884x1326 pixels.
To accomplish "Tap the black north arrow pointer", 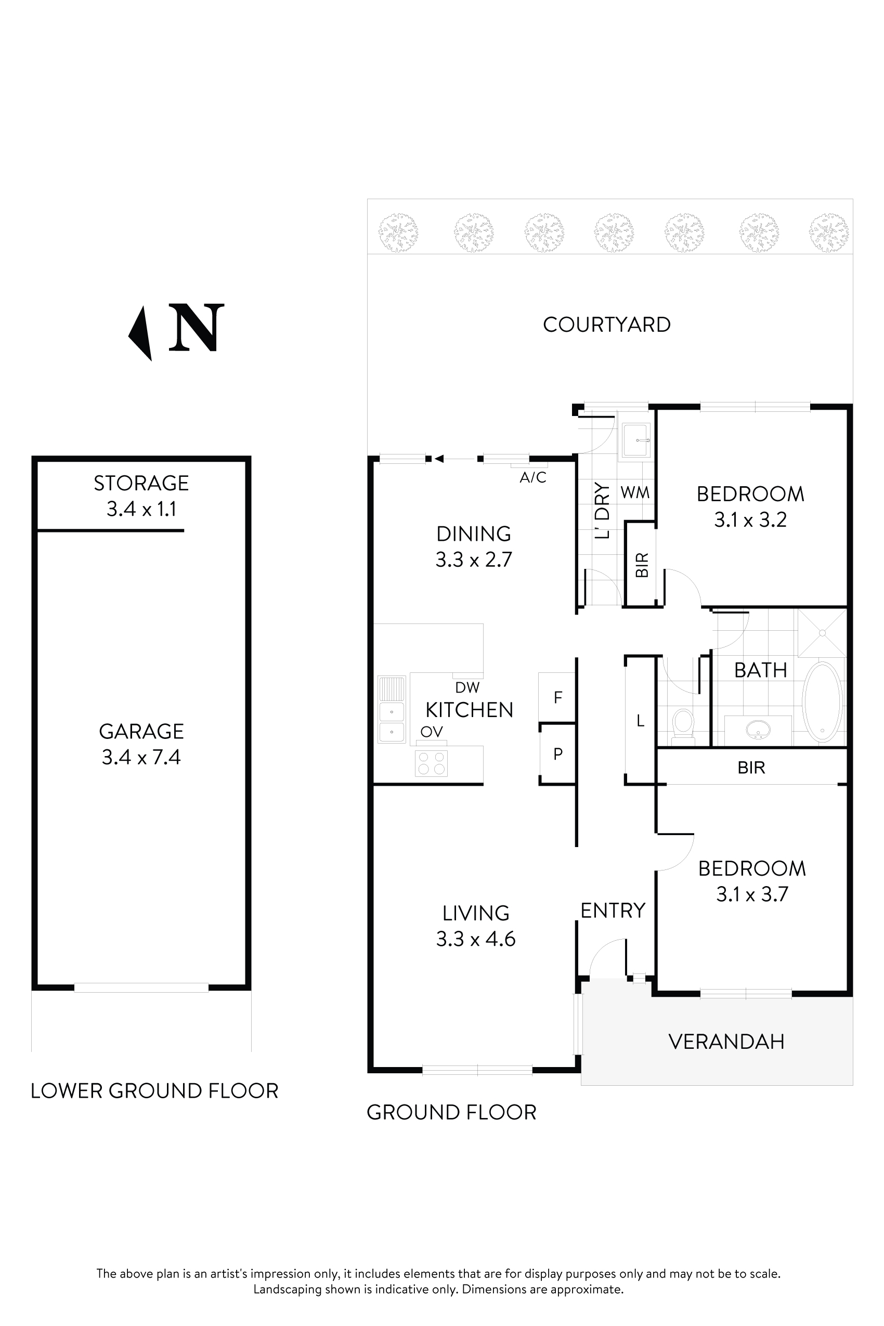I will point(141,333).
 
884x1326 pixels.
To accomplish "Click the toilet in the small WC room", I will point(683,723).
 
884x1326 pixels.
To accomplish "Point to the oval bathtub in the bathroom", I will point(822,702).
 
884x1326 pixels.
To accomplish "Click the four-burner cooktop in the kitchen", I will point(431,763).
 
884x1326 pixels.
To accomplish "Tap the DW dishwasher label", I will point(467,687).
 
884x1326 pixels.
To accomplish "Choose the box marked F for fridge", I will point(557,698).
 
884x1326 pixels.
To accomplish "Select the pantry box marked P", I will point(557,754).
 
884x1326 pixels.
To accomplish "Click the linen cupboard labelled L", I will point(640,721).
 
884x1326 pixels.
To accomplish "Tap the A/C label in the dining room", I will point(533,477).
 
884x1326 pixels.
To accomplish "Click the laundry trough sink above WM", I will point(636,440).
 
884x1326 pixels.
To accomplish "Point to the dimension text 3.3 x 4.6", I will point(475,939).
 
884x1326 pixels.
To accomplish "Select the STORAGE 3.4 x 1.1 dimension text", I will point(141,509).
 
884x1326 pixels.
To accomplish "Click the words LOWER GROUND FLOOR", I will point(154,1091).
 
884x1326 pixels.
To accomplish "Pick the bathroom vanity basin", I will point(757,731).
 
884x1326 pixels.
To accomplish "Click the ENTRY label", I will point(613,911).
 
